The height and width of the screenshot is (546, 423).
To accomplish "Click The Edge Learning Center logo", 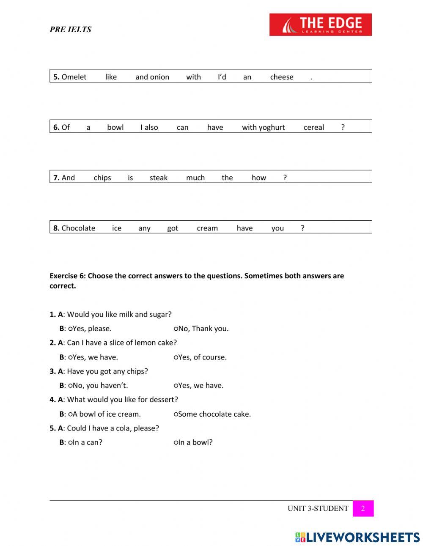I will tap(320, 25).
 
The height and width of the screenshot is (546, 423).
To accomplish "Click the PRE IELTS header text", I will tap(70, 30).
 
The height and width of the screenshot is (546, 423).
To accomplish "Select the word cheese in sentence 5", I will tap(281, 77).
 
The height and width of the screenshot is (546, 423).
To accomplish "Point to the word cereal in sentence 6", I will tap(313, 127).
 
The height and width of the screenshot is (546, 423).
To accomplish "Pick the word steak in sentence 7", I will tap(159, 178).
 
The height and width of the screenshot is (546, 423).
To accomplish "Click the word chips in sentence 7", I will tap(102, 178).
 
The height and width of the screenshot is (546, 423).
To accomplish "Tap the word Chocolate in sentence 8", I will tap(78, 228).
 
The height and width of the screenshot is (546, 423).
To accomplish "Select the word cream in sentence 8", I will tap(207, 228).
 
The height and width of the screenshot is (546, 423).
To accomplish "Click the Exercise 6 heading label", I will tap(68, 276).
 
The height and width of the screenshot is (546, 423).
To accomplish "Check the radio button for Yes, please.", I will tap(70, 329).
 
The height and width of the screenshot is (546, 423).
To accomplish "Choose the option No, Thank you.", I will tap(176, 329).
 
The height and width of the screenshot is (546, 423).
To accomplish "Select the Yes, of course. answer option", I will tap(176, 357).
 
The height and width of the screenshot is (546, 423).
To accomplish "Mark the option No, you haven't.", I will tap(70, 386).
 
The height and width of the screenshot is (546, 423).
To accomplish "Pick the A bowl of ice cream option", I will tap(70, 414).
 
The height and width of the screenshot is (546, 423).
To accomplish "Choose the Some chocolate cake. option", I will tap(176, 414).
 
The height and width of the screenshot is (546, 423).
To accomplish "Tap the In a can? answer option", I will tap(70, 442).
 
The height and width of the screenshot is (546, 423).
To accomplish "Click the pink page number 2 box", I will tap(363, 508).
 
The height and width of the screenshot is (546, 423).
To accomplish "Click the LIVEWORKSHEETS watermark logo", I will tap(357, 537).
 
